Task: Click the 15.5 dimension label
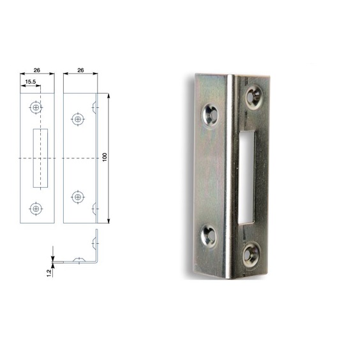[x=31, y=82]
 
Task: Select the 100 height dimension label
[x=105, y=157]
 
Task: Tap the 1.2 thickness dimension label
[x=49, y=273]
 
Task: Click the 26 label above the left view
[x=37, y=70]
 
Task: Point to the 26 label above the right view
[x=80, y=70]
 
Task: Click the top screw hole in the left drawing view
[x=36, y=107]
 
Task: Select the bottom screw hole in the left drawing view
[x=36, y=209]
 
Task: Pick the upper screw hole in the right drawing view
[x=78, y=119]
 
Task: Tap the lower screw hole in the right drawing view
[x=78, y=197]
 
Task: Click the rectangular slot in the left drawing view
[x=40, y=158]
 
